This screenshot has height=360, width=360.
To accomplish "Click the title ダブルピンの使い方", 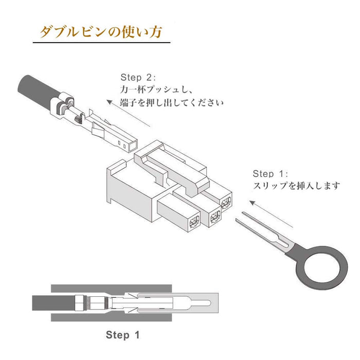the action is click(101, 31).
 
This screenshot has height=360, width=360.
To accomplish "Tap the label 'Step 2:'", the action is click(138, 77).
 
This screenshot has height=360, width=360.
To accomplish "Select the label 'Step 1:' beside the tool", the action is click(270, 174).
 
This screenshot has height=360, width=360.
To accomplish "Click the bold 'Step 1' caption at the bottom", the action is click(122, 335).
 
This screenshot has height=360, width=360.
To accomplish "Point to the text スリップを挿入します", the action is click(296, 186).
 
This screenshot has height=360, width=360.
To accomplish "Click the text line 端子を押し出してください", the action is click(172, 102).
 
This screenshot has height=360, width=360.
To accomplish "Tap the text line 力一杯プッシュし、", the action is click(156, 90).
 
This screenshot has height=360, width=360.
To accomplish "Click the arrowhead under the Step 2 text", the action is click(110, 102).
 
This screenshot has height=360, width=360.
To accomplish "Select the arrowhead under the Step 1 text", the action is click(253, 203).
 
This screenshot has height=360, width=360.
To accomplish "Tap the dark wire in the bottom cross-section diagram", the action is click(53, 303).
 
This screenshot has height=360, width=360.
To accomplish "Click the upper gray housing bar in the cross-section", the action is click(111, 289).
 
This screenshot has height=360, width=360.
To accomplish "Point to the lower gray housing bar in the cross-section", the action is click(111, 317).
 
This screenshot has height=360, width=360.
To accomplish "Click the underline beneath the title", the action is click(101, 43).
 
